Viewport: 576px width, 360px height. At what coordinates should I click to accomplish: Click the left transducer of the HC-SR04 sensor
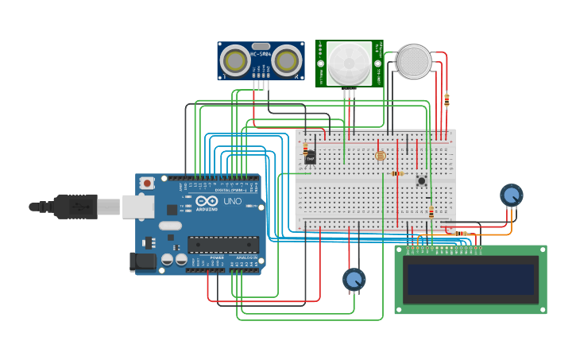click(235, 60)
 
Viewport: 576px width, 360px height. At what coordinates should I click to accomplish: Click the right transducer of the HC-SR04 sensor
click(287, 60)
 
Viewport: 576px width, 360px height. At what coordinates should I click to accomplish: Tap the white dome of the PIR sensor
click(350, 63)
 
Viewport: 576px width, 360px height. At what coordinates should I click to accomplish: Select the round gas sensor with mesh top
click(414, 61)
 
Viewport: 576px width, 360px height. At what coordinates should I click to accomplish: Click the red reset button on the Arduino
click(147, 184)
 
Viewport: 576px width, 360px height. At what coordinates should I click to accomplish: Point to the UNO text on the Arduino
click(232, 202)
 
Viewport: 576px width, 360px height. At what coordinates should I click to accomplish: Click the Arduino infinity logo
click(206, 202)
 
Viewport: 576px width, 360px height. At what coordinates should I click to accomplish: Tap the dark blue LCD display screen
click(470, 280)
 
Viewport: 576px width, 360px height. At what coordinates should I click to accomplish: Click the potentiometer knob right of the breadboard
click(512, 195)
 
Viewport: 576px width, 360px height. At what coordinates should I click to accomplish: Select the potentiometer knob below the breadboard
click(354, 279)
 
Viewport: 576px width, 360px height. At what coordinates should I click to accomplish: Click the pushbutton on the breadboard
click(421, 180)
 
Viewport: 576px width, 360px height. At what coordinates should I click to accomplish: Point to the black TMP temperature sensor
click(310, 158)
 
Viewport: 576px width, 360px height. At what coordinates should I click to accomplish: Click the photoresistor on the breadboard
click(380, 156)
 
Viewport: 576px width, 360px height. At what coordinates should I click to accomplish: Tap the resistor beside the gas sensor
click(446, 100)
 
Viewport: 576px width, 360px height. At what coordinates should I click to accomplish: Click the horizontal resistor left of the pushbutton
click(397, 173)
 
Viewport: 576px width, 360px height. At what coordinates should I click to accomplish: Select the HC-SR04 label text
click(261, 54)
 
